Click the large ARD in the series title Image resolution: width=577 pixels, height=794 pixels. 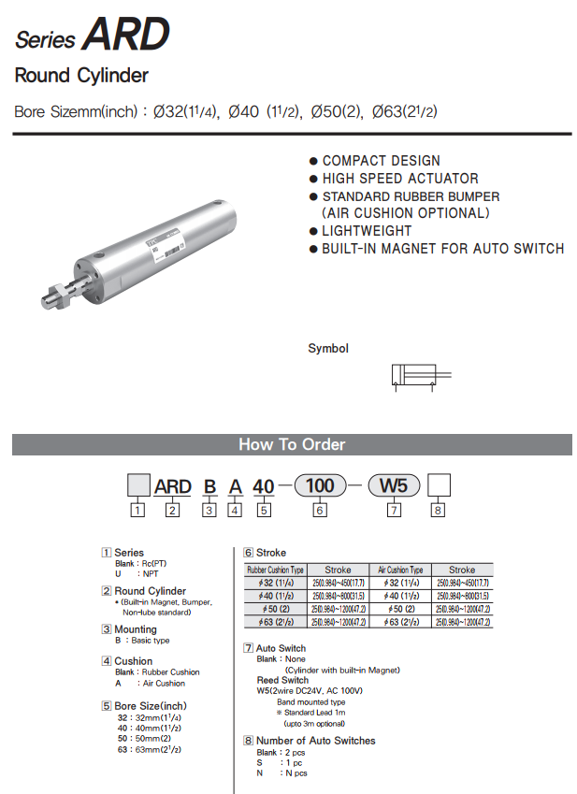(x=125, y=35)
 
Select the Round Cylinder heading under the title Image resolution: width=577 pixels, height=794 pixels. (x=81, y=76)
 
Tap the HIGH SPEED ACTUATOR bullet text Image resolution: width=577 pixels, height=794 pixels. (x=400, y=179)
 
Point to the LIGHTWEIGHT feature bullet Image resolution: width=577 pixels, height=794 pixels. (x=367, y=231)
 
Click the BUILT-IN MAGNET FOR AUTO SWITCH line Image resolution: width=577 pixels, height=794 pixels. (x=442, y=249)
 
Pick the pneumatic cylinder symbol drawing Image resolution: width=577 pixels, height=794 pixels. (x=420, y=375)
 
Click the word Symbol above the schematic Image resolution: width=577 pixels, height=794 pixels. (x=328, y=349)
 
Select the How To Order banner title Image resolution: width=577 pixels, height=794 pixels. (x=292, y=445)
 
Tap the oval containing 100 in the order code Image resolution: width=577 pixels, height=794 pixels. (x=321, y=486)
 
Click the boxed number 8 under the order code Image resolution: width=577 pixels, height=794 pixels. (x=439, y=511)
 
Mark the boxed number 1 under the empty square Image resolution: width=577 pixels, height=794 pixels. (x=138, y=511)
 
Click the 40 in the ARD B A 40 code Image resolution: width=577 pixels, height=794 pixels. (x=264, y=487)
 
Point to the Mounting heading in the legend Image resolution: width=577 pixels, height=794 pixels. (x=136, y=630)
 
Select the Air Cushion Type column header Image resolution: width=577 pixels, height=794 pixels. (x=400, y=570)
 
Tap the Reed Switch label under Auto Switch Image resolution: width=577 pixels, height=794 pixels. (x=281, y=680)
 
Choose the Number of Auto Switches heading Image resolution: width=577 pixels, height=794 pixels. (x=315, y=741)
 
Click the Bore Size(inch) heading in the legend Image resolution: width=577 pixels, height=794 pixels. (x=150, y=706)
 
